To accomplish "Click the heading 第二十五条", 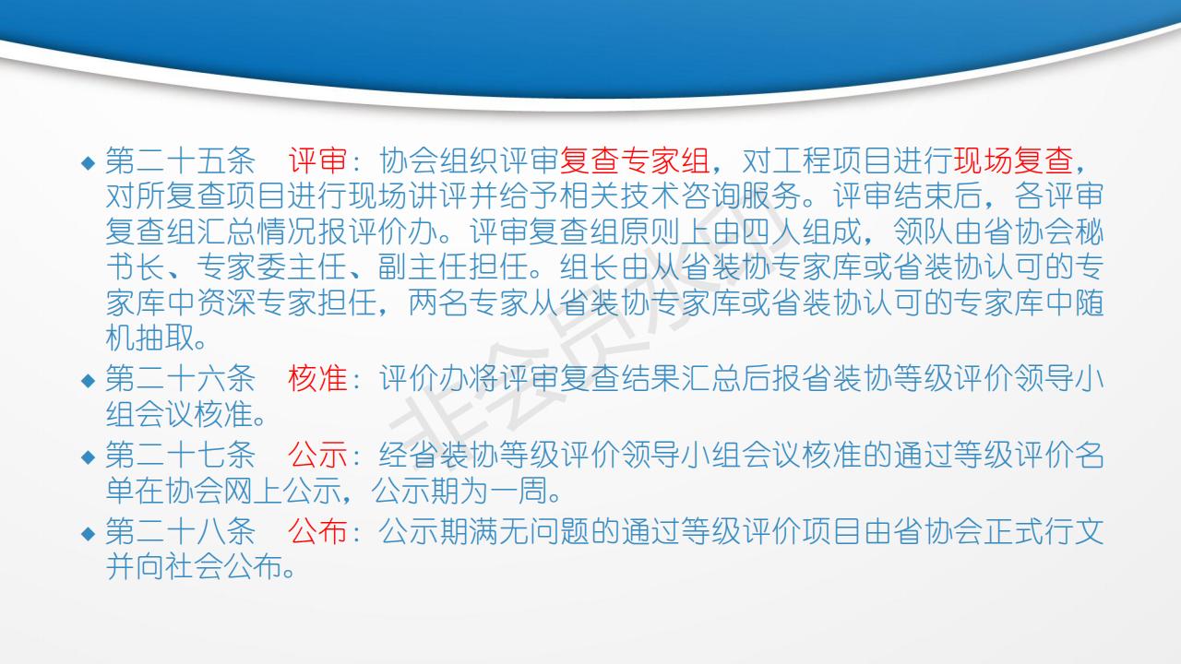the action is [x=180, y=160].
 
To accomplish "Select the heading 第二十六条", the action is [x=180, y=378].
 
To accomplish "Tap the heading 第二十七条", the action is [x=180, y=455].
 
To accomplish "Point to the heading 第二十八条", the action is [x=180, y=531].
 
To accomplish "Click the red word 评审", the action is [x=317, y=160].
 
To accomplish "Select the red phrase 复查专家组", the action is [x=634, y=160].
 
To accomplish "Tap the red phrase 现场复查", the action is [x=1014, y=160].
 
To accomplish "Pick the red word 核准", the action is [x=317, y=378].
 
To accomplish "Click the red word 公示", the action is [x=317, y=455].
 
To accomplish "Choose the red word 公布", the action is [x=317, y=531].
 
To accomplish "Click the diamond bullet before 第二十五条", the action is [x=88, y=162].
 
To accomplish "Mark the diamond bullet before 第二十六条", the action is [x=88, y=381].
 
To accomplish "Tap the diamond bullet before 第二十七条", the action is [x=88, y=456].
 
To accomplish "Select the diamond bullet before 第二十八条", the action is [x=88, y=533].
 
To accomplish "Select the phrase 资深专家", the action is [x=256, y=303].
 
